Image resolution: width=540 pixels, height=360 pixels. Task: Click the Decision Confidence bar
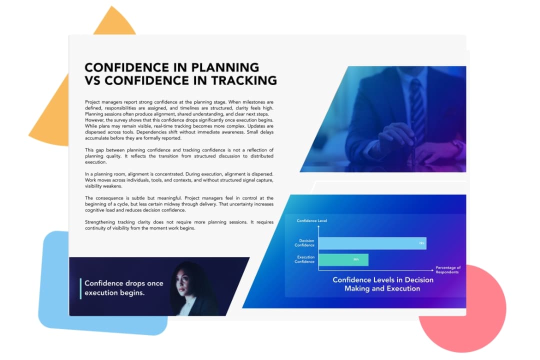[372, 243]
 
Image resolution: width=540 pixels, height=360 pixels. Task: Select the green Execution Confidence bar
[343, 259]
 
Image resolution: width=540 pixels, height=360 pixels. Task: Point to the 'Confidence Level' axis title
[311, 220]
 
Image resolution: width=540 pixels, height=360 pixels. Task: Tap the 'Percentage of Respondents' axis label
[447, 269]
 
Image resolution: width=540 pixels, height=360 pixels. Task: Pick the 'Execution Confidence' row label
[304, 259]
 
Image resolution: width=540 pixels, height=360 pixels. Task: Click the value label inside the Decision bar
[421, 243]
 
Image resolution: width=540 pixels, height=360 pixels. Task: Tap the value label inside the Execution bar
[356, 260]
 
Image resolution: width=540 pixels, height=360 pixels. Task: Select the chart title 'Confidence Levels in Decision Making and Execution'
[382, 284]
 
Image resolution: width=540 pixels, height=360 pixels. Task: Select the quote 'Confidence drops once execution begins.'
[123, 288]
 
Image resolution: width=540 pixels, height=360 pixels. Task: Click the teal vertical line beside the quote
[80, 288]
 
